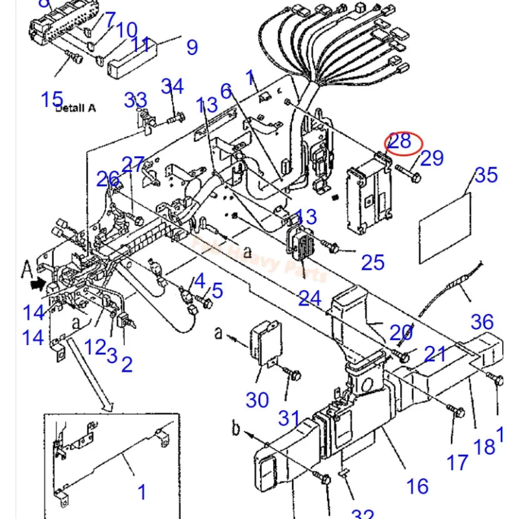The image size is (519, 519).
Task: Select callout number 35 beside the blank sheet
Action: [486, 175]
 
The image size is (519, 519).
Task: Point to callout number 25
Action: [373, 263]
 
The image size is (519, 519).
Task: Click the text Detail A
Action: [75, 108]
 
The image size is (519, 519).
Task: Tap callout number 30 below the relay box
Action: [257, 400]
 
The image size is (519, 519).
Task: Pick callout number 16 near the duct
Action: [418, 485]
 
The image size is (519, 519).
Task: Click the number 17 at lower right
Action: [457, 462]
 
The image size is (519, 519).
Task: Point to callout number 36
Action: [482, 322]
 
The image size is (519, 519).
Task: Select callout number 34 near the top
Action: [173, 86]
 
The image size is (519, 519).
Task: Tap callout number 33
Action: [136, 101]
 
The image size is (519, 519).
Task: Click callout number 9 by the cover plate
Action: [192, 47]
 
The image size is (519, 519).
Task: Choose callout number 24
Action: [310, 298]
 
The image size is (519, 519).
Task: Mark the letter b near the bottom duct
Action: [237, 429]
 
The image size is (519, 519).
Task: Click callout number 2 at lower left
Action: [127, 364]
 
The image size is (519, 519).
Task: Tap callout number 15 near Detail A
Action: [52, 99]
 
